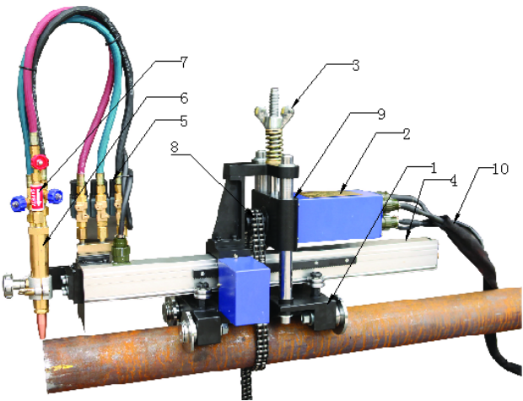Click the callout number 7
(184, 62)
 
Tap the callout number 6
(184, 99)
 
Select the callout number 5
(183, 121)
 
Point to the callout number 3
(356, 66)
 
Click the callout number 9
(381, 114)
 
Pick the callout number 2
(406, 134)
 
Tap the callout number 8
(175, 148)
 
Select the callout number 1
(434, 169)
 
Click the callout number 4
(453, 181)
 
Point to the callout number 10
(501, 169)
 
